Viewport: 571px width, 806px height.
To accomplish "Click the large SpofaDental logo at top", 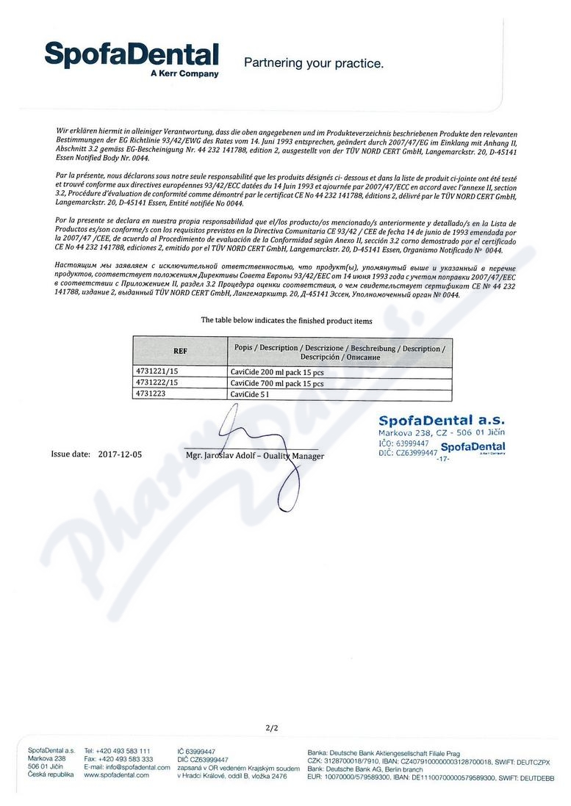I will point(131,55).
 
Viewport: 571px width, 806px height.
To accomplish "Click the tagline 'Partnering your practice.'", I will point(313,63).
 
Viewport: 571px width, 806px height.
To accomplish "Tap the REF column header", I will point(180,351).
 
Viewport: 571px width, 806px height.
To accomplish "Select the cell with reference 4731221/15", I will point(157,372).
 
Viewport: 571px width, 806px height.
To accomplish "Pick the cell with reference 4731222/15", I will point(157,383).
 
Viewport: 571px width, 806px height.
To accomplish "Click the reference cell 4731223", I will point(152,394).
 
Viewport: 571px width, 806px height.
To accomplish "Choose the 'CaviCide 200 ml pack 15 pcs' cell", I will point(277,372).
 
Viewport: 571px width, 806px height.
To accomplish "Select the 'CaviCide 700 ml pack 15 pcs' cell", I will point(277,383).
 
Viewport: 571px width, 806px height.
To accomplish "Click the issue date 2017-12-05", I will point(120,454).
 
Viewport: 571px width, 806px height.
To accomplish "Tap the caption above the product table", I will point(286,321).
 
